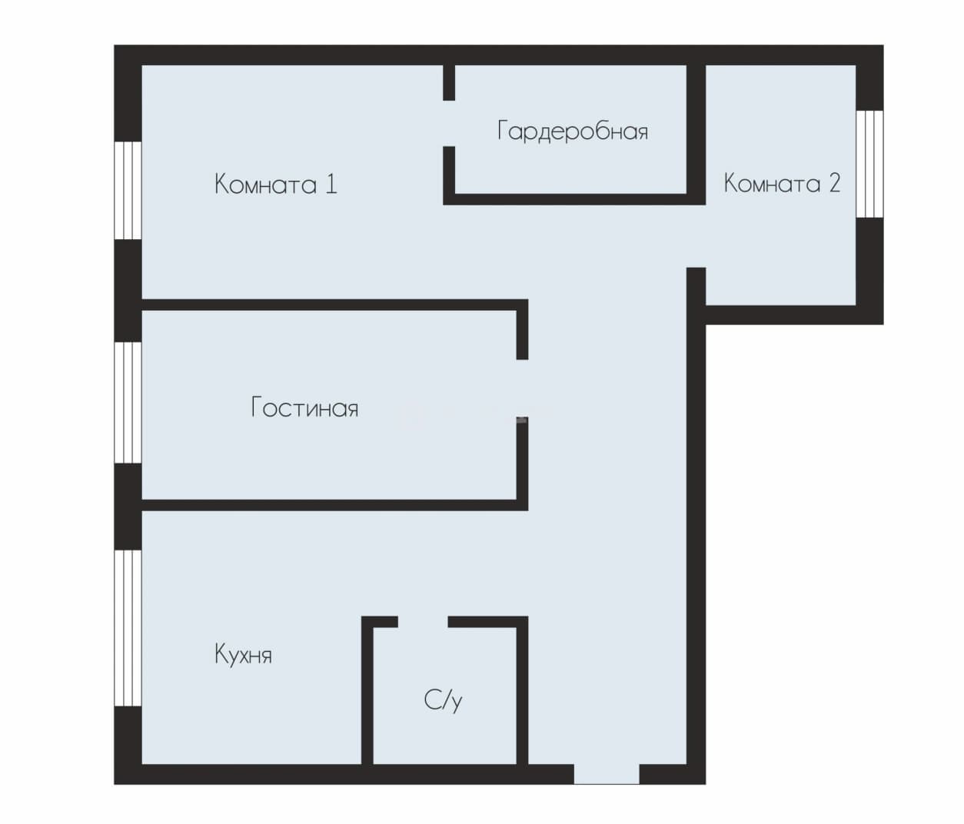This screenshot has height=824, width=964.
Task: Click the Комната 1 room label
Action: (276, 184)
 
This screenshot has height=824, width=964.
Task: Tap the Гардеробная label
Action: (573, 131)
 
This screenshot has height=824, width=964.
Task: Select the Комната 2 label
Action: (782, 183)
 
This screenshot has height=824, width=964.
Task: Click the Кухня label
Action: (243, 655)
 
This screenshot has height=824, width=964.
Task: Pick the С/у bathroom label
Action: (443, 700)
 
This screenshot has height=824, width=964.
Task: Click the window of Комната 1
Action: (128, 191)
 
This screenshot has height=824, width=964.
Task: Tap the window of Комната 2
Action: (869, 164)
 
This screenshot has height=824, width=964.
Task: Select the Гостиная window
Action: (128, 403)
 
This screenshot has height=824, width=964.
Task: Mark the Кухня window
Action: (128, 628)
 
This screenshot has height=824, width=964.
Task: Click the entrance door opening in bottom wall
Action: (607, 774)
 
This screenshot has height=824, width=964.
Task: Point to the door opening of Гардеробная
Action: (449, 124)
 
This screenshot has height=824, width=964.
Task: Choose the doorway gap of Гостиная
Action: (522, 388)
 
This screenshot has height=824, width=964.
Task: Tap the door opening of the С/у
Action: (423, 622)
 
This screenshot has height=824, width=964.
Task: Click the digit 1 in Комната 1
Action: (331, 184)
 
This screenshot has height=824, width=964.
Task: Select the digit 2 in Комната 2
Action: (834, 183)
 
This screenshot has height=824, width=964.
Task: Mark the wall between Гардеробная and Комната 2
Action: (696, 135)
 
